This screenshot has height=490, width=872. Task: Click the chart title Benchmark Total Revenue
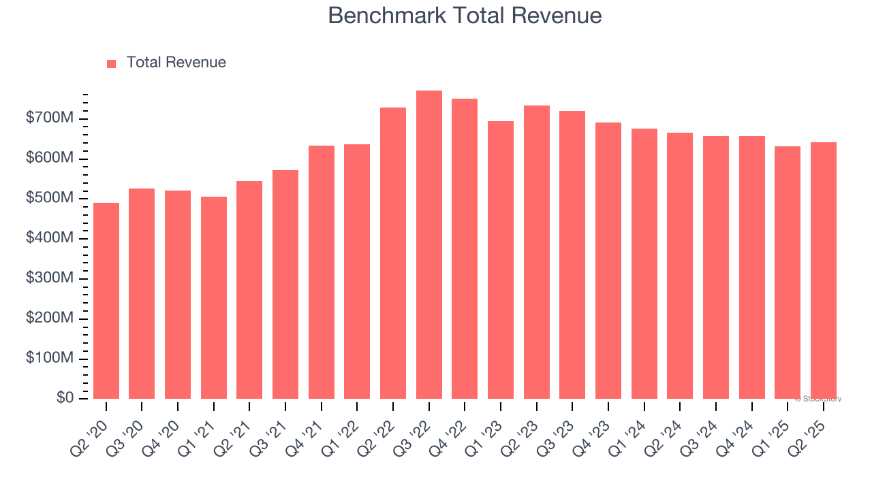[465, 16]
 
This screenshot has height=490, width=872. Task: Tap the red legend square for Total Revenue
[111, 63]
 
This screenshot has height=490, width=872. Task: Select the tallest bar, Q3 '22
[429, 245]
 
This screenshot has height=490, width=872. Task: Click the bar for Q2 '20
[106, 301]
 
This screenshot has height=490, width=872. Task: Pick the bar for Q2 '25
[823, 270]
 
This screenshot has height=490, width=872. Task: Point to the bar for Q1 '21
[213, 297]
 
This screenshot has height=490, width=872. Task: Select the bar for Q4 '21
[321, 272]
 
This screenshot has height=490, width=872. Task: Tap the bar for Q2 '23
[536, 252]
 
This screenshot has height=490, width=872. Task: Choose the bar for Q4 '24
[751, 267]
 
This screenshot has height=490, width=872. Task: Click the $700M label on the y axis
[50, 118]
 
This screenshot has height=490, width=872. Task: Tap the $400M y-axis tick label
[50, 238]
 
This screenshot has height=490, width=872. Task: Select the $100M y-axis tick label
[50, 358]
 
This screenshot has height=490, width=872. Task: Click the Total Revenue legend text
[176, 63]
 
